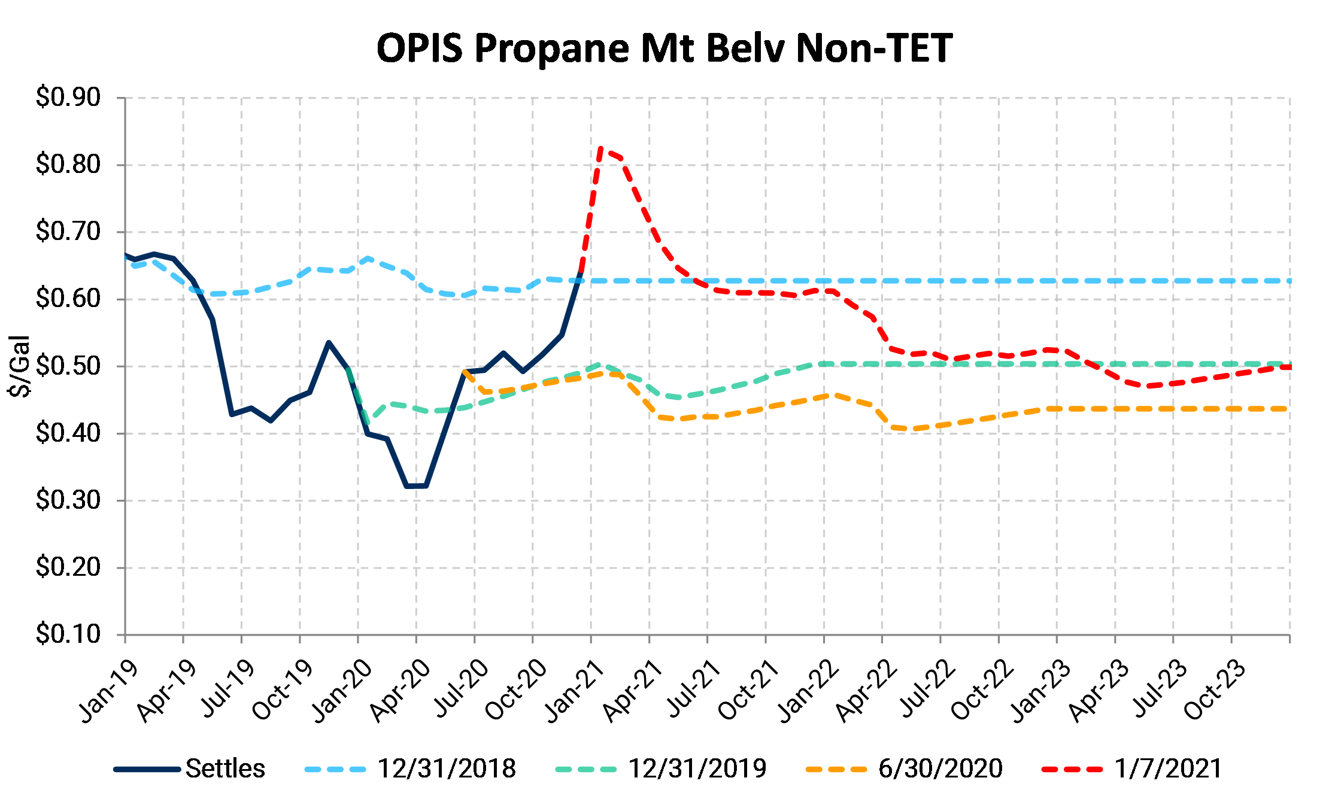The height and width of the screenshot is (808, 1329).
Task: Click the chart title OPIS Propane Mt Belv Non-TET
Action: click(x=664, y=48)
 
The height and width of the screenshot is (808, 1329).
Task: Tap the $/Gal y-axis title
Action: click(x=20, y=366)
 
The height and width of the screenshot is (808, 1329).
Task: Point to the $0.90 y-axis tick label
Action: click(x=68, y=97)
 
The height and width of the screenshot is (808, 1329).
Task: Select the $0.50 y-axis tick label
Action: click(x=68, y=366)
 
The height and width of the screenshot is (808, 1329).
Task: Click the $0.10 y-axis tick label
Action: click(x=68, y=634)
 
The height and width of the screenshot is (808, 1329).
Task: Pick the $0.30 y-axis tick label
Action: click(x=68, y=500)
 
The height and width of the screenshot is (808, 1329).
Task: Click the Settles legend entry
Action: click(x=224, y=768)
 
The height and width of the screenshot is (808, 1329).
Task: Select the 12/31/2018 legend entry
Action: click(x=446, y=768)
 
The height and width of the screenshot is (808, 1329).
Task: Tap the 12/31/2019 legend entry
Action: click(x=697, y=768)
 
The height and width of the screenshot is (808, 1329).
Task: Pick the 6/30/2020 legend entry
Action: click(x=940, y=768)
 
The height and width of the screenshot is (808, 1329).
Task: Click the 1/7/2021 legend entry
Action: click(x=1167, y=768)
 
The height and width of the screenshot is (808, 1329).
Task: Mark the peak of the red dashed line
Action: click(x=600, y=148)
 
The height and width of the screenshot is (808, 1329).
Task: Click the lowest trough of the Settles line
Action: click(x=416, y=485)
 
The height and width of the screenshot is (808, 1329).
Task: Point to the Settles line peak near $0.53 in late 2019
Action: click(x=329, y=343)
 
